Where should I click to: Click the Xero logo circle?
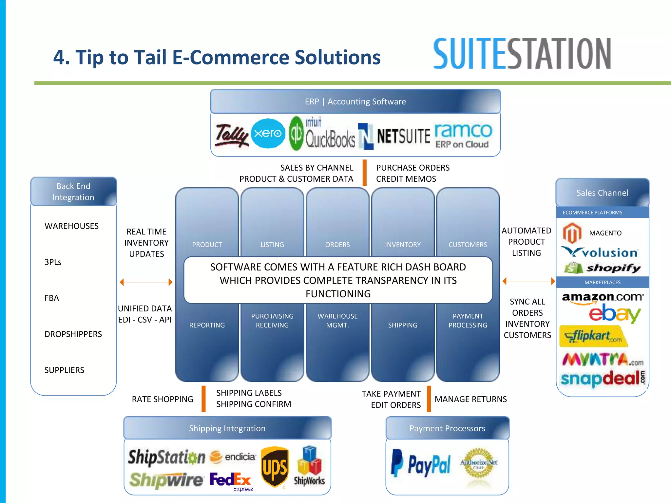[x=268, y=133]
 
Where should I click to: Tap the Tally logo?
[x=232, y=135]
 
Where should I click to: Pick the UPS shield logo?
[x=275, y=467]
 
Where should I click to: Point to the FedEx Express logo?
[x=231, y=481]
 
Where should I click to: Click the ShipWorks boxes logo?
[x=310, y=465]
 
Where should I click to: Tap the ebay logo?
[x=614, y=313]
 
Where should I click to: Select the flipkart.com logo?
[x=593, y=336]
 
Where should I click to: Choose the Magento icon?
[x=572, y=233]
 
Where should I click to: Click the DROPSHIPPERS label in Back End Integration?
[x=73, y=334]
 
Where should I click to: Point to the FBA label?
[x=52, y=298]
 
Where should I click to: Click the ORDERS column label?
[x=337, y=245]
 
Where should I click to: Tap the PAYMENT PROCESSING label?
[x=468, y=321]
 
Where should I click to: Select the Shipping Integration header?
[x=227, y=428]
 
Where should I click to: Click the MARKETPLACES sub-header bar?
[x=602, y=282]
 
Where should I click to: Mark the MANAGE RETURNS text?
[x=470, y=399]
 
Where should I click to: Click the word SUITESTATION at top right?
[x=522, y=54]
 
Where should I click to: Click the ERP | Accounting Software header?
[x=355, y=102]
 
